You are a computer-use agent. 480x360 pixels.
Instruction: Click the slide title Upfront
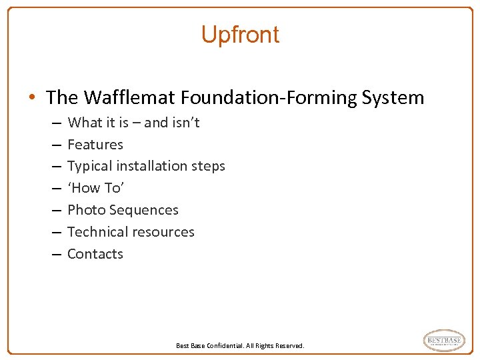pos(240,35)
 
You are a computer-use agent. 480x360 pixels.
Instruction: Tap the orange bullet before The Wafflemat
pos(32,98)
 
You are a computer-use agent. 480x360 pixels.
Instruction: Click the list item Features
pos(95,144)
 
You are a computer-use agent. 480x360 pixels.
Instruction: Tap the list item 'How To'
pos(95,188)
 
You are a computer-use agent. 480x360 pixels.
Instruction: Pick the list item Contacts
pos(95,254)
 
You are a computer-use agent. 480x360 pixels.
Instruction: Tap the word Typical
pos(89,166)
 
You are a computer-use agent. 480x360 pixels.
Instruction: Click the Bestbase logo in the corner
pos(444,341)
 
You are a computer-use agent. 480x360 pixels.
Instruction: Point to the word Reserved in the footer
pos(289,346)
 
